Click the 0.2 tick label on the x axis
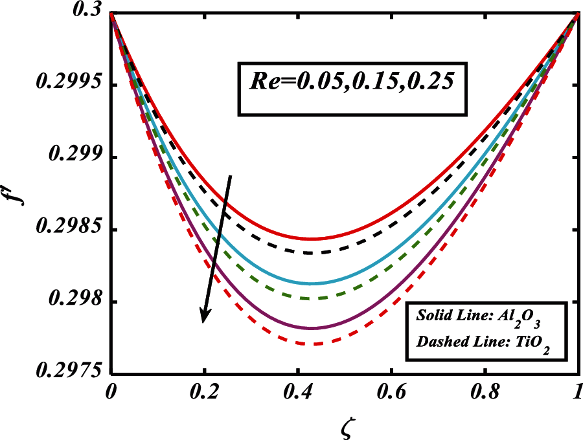click(x=205, y=393)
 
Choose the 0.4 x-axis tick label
click(x=298, y=393)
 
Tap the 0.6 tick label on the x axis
click(x=391, y=393)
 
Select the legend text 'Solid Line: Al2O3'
click(x=485, y=317)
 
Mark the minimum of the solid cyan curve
click(x=312, y=283)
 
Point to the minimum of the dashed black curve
click(x=312, y=253)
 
